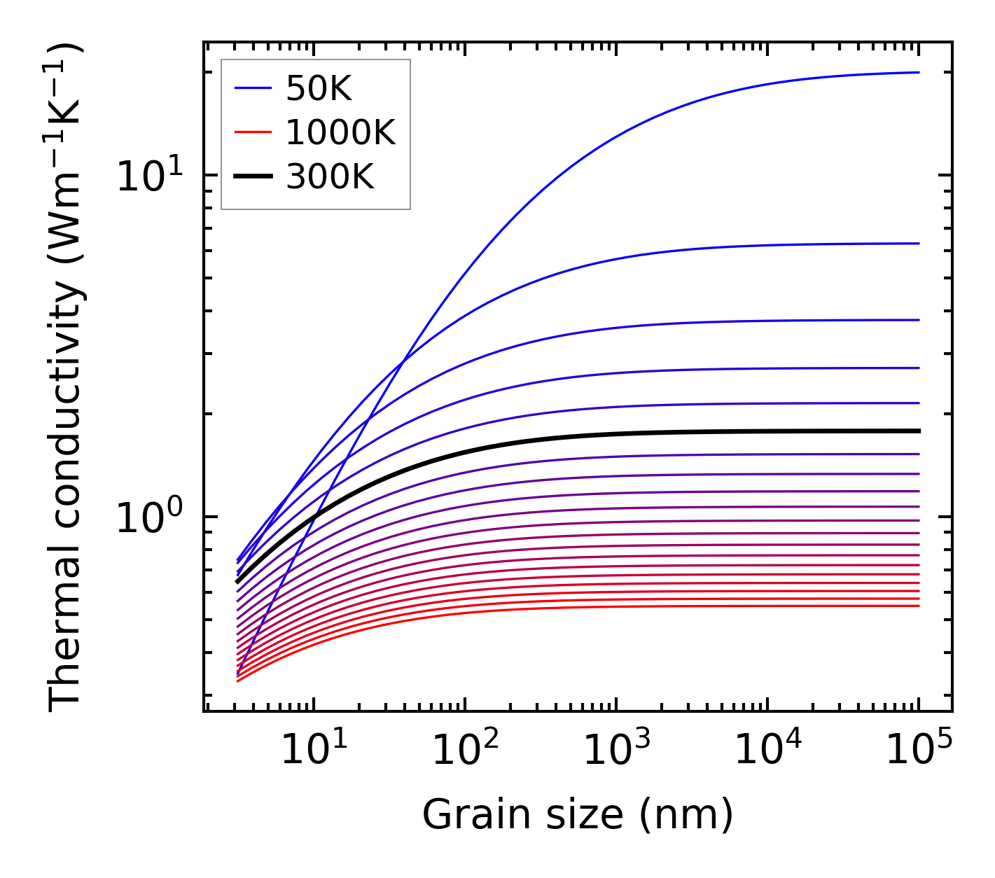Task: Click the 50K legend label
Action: tap(319, 88)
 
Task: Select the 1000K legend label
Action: tap(340, 132)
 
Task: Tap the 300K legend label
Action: tap(330, 177)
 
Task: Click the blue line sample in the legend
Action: tap(253, 88)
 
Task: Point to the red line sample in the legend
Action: tap(253, 132)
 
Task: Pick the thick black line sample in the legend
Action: tap(253, 177)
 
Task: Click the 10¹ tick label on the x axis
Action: tap(314, 751)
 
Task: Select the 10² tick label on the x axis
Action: tap(465, 751)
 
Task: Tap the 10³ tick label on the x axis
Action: tap(616, 751)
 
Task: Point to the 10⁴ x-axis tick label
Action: tap(767, 751)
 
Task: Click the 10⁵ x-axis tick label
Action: tap(919, 751)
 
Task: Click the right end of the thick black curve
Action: tap(918, 431)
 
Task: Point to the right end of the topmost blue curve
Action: tap(918, 72)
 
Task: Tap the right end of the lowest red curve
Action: tap(918, 606)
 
